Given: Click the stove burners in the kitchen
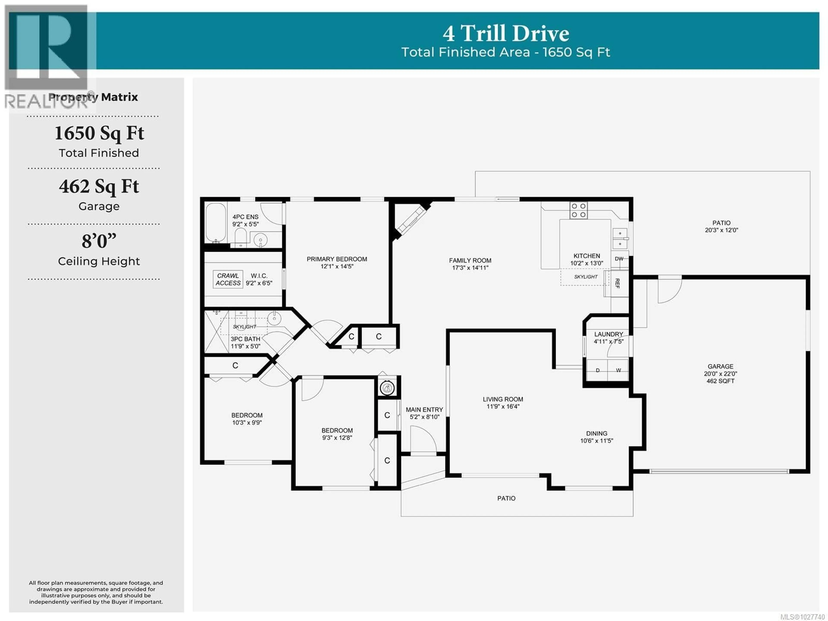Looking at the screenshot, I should coord(578,210).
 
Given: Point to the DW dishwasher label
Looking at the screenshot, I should coord(619,259).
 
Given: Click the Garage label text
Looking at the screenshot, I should coord(720,366).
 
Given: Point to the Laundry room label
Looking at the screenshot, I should coord(608,334).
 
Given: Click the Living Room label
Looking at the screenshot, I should coord(503,399).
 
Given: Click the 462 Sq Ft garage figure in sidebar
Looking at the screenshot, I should coord(99,186).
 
